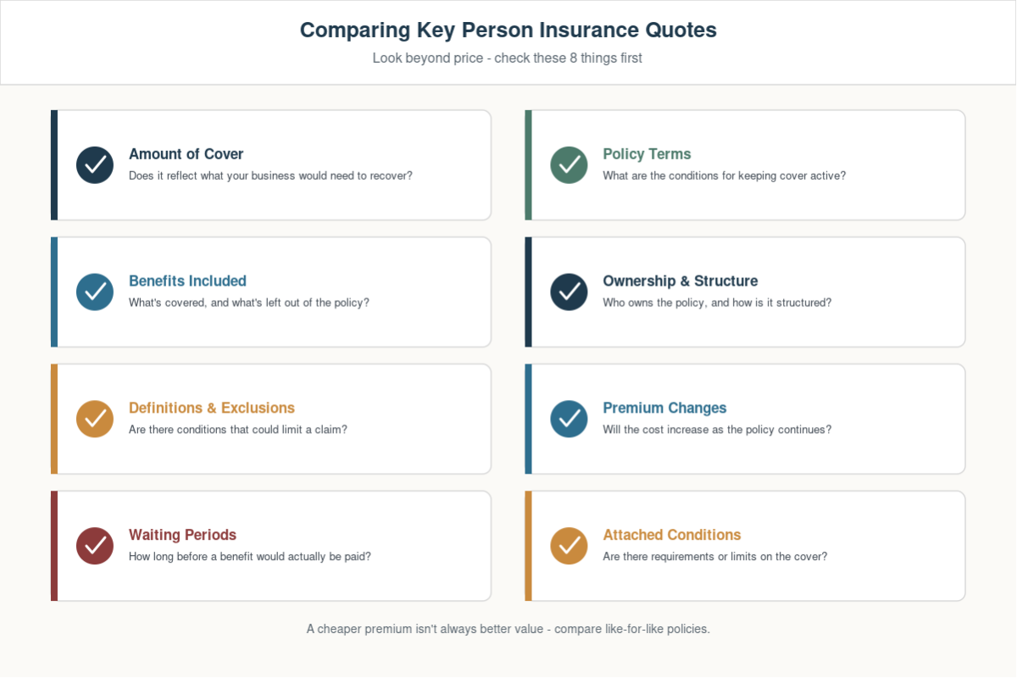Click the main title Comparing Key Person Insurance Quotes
pyautogui.click(x=508, y=31)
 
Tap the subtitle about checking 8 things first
pyautogui.click(x=507, y=58)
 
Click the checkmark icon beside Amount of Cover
pyautogui.click(x=95, y=165)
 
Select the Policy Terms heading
pyautogui.click(x=647, y=154)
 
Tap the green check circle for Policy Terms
pyautogui.click(x=569, y=165)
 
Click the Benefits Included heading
pyautogui.click(x=187, y=281)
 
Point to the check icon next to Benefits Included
pyautogui.click(x=95, y=292)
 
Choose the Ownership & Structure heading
pyautogui.click(x=680, y=281)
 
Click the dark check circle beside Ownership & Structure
pyautogui.click(x=569, y=292)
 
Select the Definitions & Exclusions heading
pyautogui.click(x=212, y=408)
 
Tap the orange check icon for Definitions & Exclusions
pyautogui.click(x=95, y=419)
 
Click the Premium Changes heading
pyautogui.click(x=664, y=408)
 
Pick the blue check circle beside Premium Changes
pyautogui.click(x=569, y=419)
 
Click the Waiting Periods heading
pyautogui.click(x=182, y=535)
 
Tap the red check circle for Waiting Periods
pyautogui.click(x=95, y=546)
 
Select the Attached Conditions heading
pyautogui.click(x=671, y=535)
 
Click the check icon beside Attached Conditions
pyautogui.click(x=569, y=546)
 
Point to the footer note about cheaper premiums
pyautogui.click(x=508, y=629)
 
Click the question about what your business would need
pyautogui.click(x=270, y=175)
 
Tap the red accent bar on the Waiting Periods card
pyautogui.click(x=54, y=546)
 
